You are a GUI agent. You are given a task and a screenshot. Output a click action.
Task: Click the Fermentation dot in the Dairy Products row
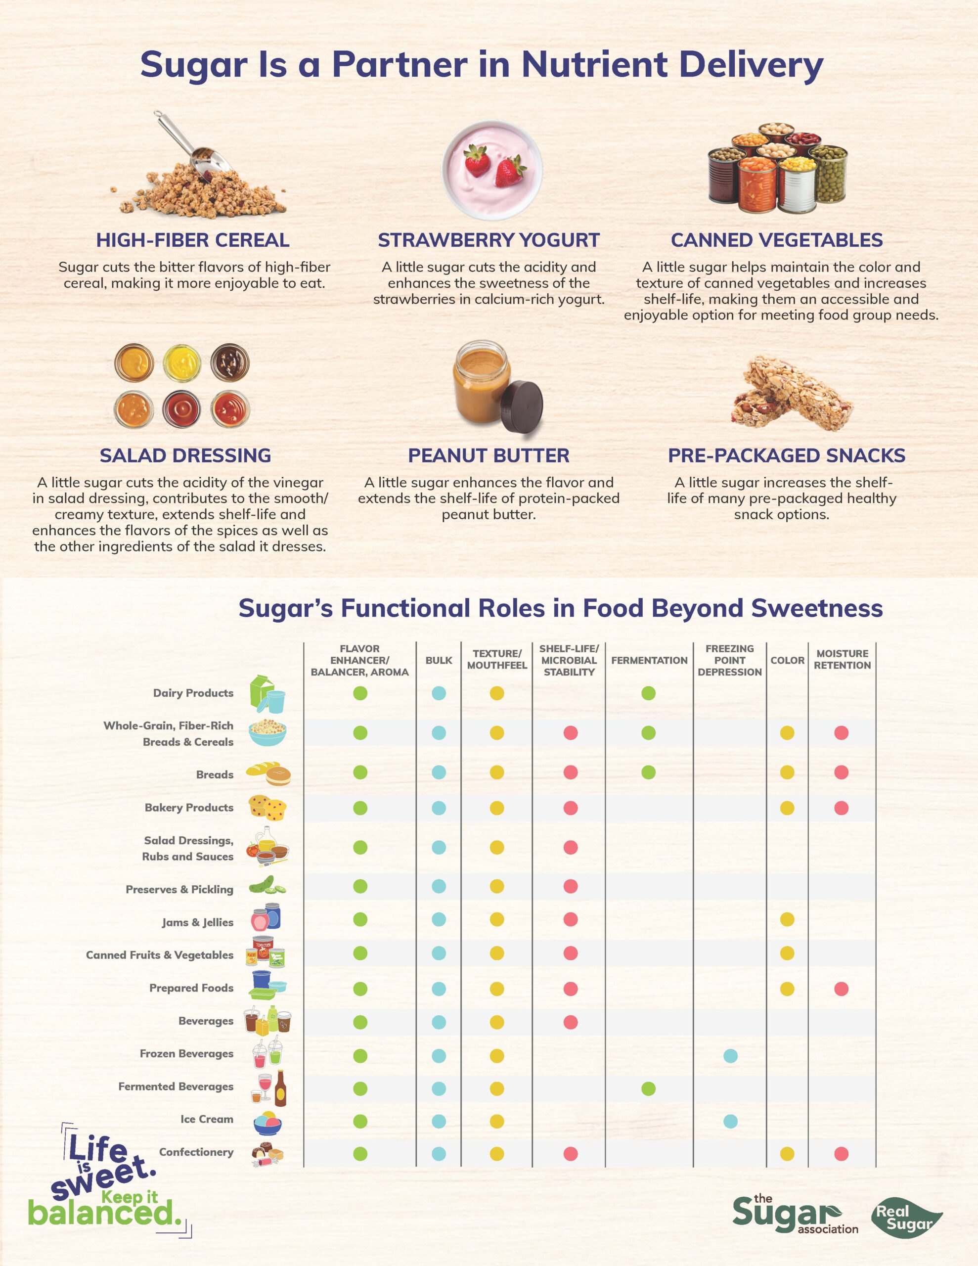(x=648, y=693)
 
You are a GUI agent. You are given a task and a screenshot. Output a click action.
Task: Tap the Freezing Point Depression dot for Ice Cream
(x=730, y=1121)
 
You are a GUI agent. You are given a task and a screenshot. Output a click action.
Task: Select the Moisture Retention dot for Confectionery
(x=841, y=1154)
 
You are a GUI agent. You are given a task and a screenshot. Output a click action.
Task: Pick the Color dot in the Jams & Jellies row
(x=787, y=919)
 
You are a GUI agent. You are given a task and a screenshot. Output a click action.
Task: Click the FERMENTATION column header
(x=649, y=660)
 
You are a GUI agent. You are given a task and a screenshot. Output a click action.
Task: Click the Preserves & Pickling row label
(x=179, y=889)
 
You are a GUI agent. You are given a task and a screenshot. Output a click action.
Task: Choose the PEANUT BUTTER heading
(x=488, y=455)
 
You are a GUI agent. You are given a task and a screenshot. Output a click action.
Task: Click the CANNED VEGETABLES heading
(x=776, y=240)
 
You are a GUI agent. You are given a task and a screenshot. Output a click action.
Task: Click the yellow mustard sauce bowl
(x=181, y=363)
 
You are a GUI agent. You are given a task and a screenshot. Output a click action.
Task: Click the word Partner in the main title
(x=399, y=64)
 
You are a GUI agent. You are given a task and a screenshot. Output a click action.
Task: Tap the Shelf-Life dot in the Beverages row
(x=570, y=1021)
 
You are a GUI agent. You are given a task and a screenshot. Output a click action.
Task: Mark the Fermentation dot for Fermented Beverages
(x=648, y=1088)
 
